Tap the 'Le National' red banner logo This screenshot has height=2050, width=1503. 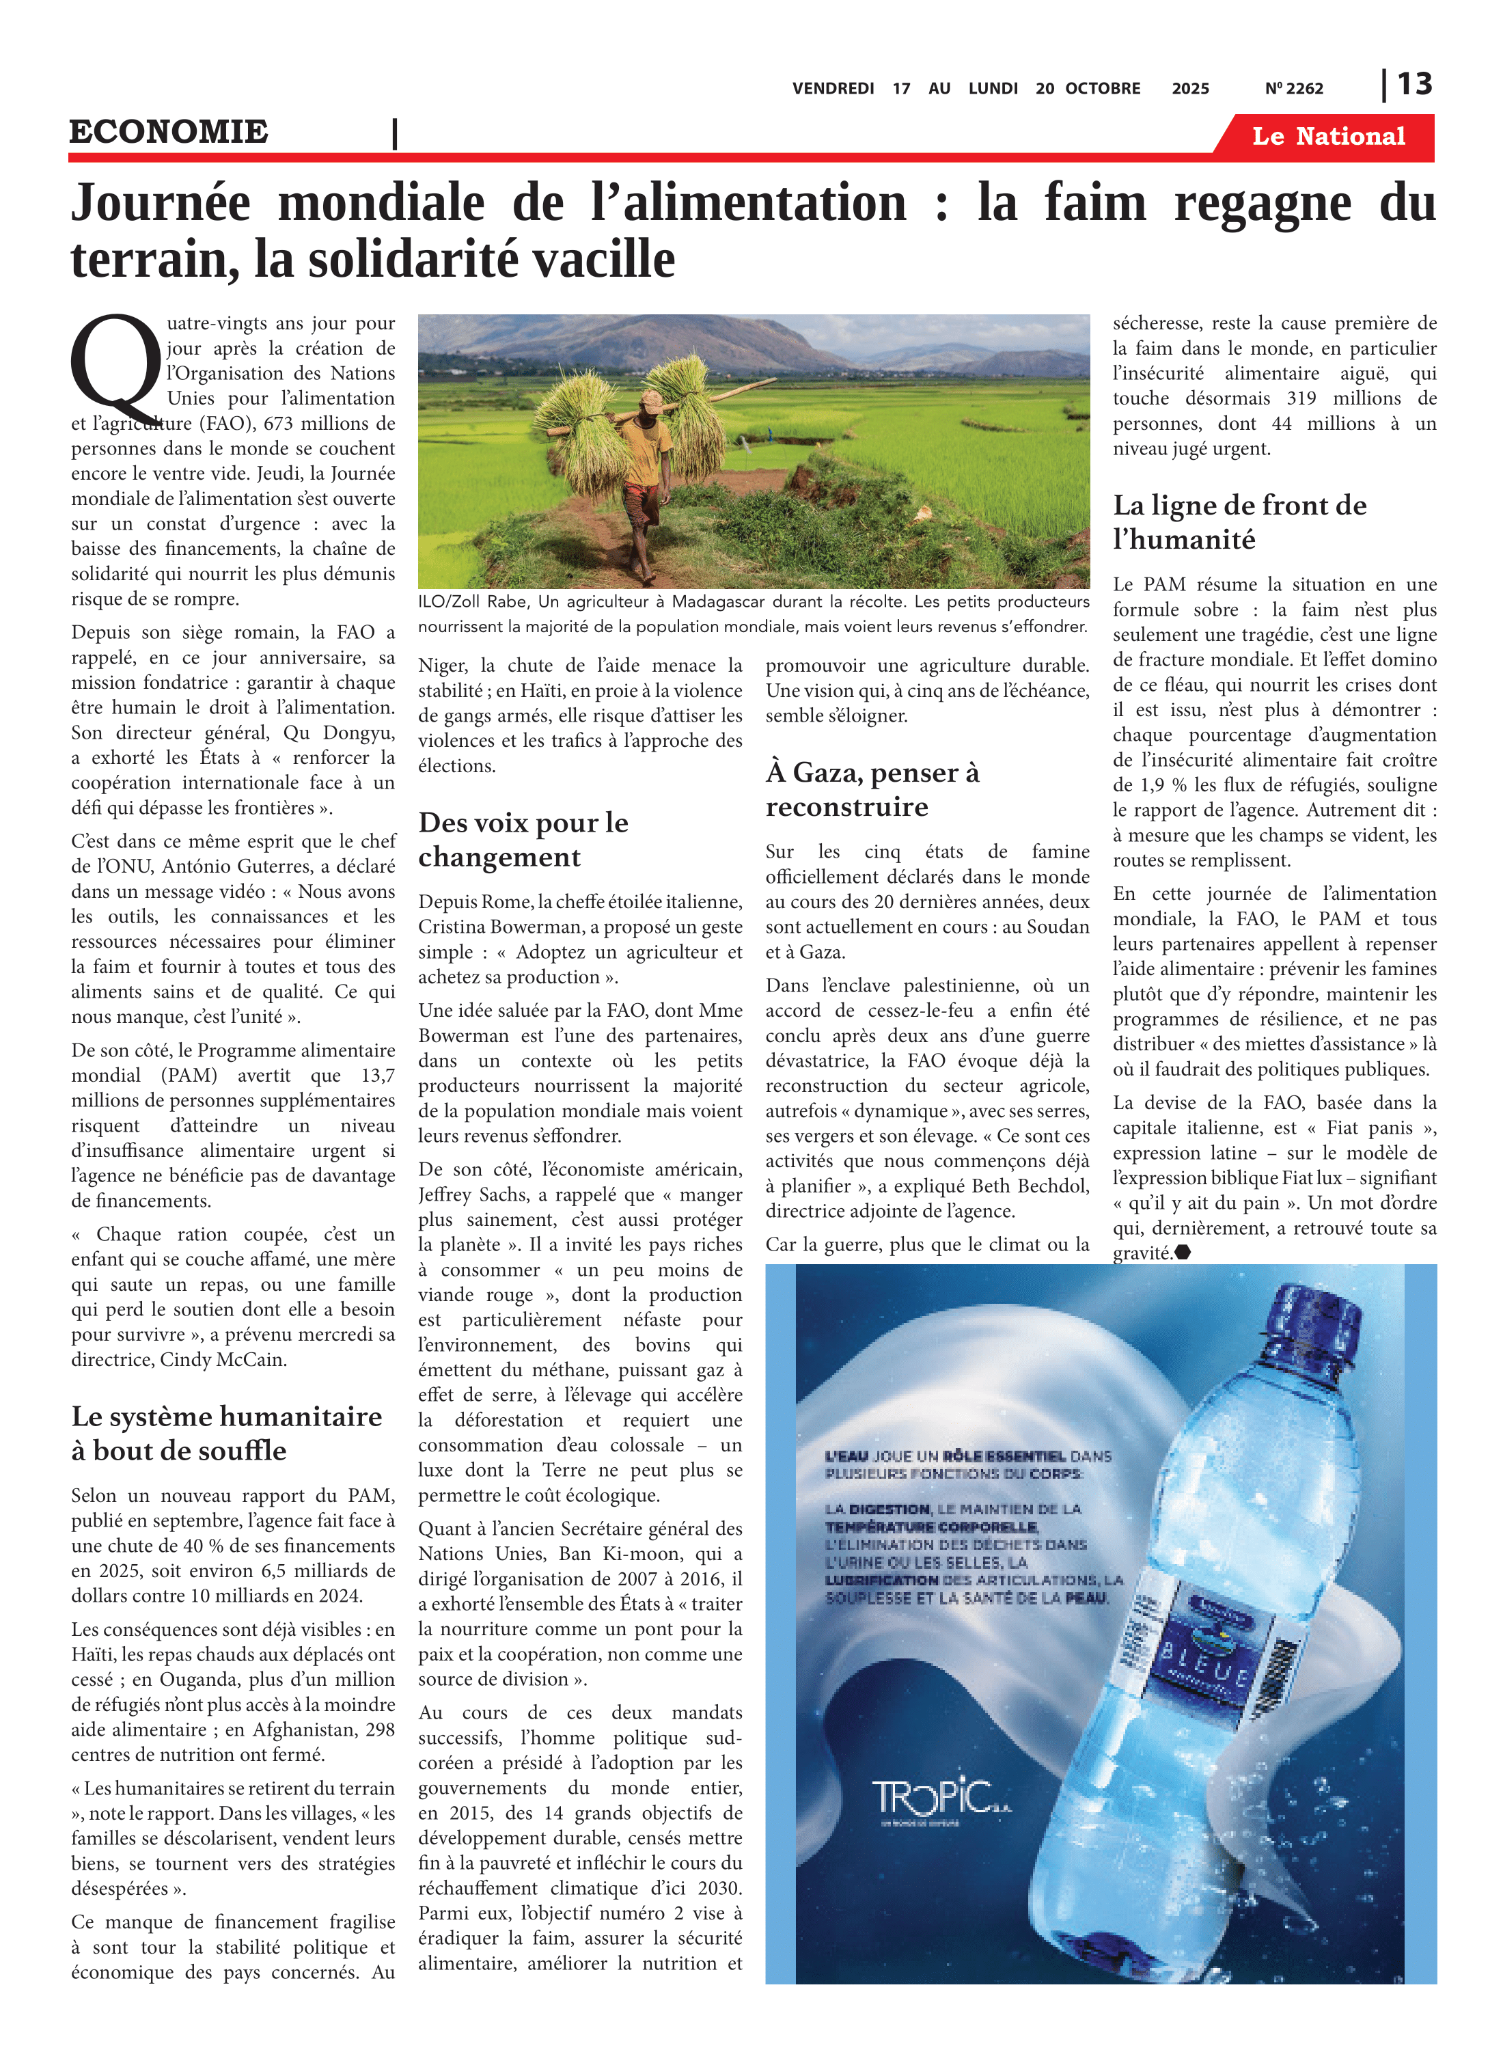coord(1327,137)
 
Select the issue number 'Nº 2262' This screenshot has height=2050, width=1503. coord(1294,88)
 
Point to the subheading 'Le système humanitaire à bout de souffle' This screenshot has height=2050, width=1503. coord(227,1433)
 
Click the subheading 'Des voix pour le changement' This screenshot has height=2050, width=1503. coord(523,839)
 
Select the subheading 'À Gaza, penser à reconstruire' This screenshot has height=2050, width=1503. coord(872,789)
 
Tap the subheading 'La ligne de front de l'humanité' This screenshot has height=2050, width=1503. coord(1239,521)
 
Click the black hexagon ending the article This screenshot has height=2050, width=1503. coord(1183,1252)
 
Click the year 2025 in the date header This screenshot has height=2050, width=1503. coord(1190,88)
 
